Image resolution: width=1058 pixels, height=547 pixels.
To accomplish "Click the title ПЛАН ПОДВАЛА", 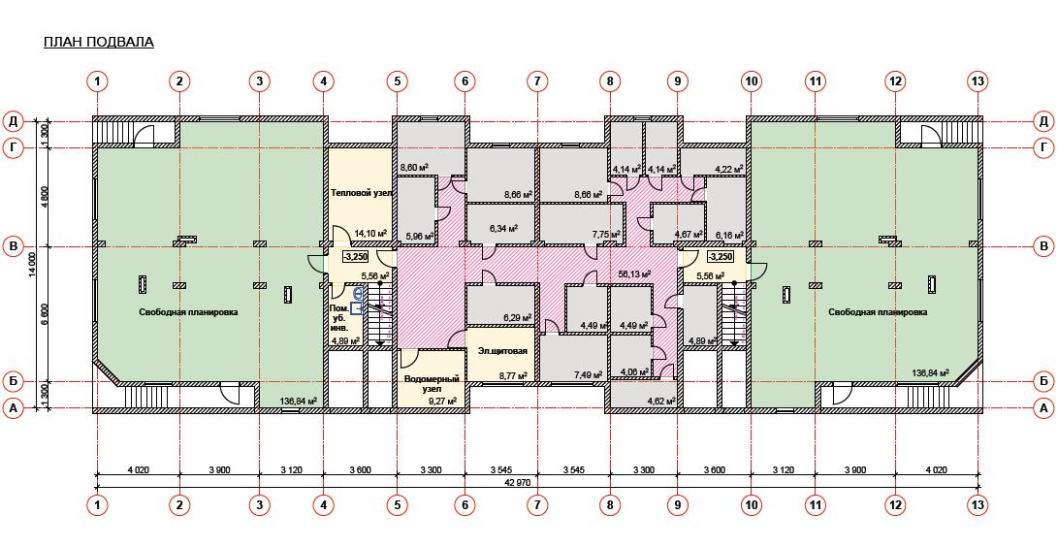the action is click(99, 43).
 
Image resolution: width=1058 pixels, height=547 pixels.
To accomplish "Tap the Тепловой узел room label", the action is click(361, 193).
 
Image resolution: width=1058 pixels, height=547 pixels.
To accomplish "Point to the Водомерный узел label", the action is click(432, 384).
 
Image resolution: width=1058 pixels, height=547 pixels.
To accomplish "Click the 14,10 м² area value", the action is click(370, 234).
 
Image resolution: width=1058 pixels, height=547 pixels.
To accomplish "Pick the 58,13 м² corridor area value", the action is click(633, 274).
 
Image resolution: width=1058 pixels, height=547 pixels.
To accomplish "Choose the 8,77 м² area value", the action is click(511, 375).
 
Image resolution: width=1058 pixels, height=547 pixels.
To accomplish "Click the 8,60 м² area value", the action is click(414, 167).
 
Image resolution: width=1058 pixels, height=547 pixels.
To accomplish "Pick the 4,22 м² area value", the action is click(728, 169).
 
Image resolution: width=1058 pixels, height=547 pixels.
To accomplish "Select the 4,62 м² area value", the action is click(660, 402).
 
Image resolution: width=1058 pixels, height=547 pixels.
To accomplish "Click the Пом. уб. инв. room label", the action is click(339, 299).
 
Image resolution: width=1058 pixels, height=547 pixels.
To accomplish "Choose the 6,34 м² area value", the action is click(502, 229).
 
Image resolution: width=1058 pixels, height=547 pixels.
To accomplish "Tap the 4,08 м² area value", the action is click(633, 371).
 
